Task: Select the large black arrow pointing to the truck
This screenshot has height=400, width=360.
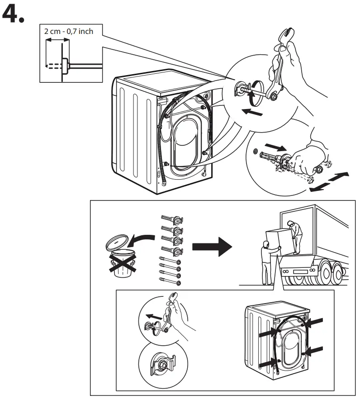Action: (x=212, y=247)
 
